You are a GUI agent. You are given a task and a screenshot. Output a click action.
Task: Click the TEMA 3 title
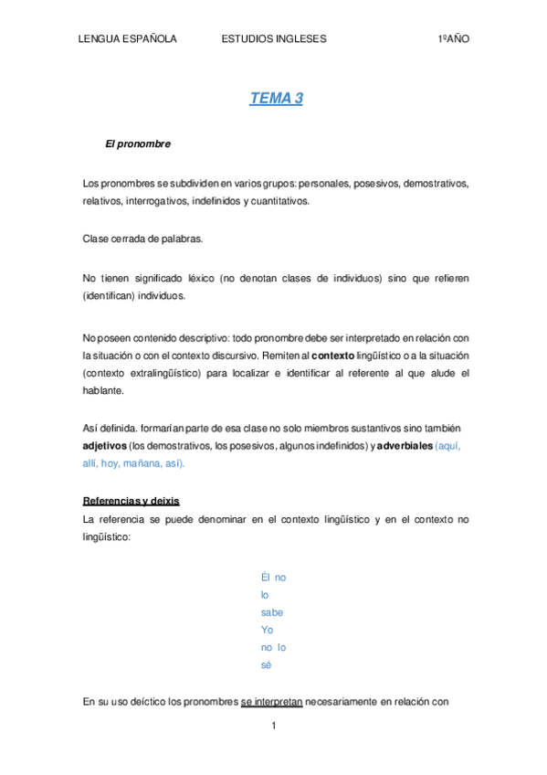tap(276, 99)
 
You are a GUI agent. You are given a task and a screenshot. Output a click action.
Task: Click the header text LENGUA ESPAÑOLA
tap(127, 39)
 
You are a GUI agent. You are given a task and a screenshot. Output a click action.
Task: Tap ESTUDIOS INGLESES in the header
tap(274, 39)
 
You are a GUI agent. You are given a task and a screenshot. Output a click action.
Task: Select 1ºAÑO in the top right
tap(453, 39)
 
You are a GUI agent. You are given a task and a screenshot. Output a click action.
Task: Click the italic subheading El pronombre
tap(138, 144)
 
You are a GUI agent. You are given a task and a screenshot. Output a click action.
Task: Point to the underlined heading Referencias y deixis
tap(131, 502)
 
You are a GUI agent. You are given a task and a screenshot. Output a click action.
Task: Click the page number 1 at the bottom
tap(273, 727)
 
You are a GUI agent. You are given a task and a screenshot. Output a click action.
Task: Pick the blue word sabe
tap(272, 612)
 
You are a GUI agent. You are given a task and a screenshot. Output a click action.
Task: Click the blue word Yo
tap(267, 630)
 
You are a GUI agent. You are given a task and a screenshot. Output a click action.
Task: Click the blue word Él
tap(266, 578)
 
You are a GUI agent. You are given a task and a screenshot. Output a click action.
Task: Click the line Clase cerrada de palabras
tap(142, 239)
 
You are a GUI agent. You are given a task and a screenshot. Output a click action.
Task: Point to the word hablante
tap(103, 390)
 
